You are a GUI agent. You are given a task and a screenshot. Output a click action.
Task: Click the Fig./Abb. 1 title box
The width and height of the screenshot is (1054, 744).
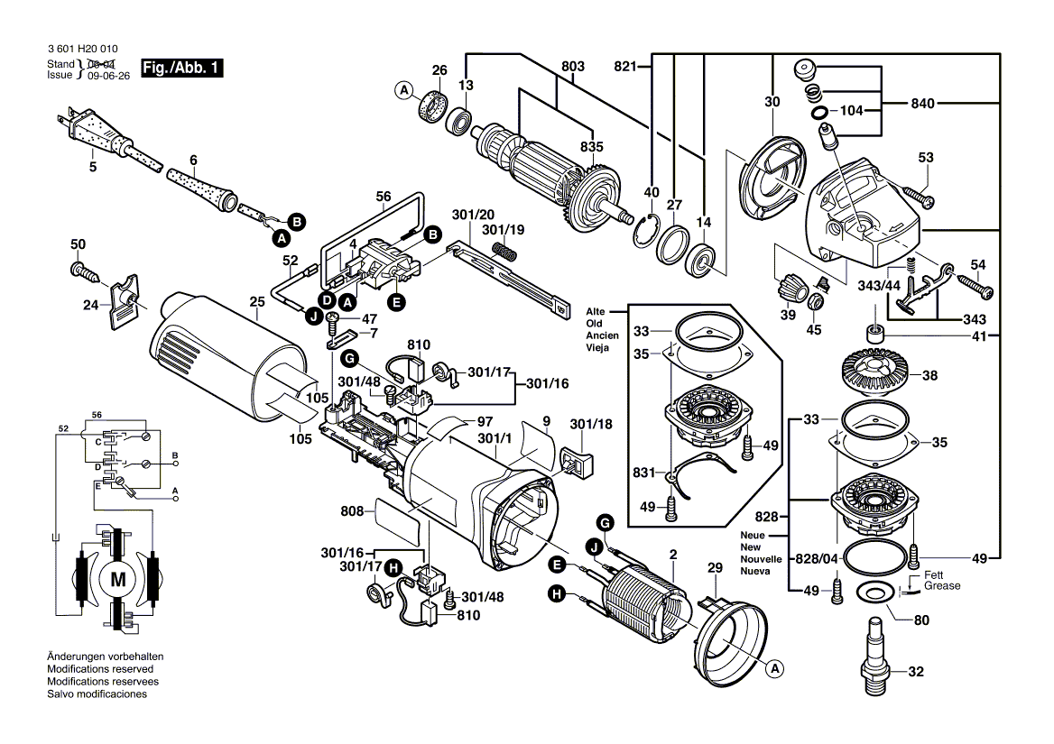tap(181, 69)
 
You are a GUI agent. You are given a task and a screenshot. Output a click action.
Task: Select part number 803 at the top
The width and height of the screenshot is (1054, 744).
tap(573, 66)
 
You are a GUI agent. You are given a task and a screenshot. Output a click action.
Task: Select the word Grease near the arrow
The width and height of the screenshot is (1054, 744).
tap(941, 586)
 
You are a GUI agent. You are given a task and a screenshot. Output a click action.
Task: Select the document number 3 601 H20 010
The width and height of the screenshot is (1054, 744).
tap(80, 49)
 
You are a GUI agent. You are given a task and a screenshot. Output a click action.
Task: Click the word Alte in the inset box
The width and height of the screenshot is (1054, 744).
tap(596, 310)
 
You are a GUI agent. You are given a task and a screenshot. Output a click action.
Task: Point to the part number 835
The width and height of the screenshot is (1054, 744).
tap(591, 146)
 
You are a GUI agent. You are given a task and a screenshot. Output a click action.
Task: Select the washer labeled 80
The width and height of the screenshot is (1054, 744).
tap(874, 592)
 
